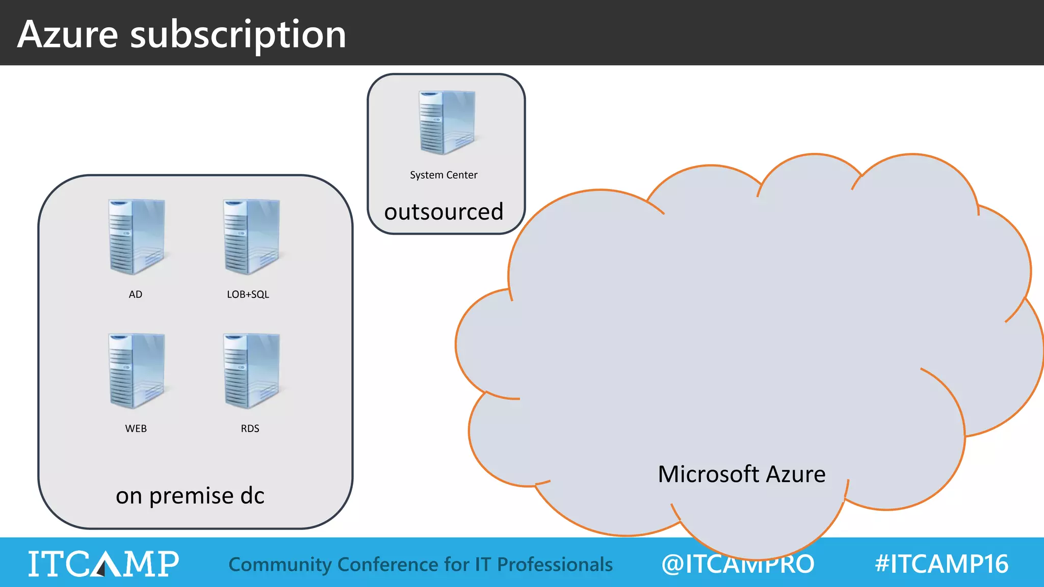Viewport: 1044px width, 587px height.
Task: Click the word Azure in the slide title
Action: pyautogui.click(x=68, y=34)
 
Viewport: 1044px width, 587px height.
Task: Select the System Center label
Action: pyautogui.click(x=443, y=175)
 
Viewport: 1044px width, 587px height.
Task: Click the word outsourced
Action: pyautogui.click(x=443, y=211)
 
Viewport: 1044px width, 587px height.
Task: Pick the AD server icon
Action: pyautogui.click(x=137, y=237)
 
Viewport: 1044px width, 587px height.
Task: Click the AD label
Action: pyautogui.click(x=136, y=295)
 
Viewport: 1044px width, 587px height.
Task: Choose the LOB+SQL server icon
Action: pyautogui.click(x=251, y=237)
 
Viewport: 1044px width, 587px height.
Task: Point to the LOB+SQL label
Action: pyautogui.click(x=248, y=295)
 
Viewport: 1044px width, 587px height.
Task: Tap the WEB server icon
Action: pyautogui.click(x=137, y=371)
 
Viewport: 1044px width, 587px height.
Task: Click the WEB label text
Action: pyautogui.click(x=136, y=429)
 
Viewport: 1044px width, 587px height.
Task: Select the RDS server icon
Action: pyautogui.click(x=251, y=371)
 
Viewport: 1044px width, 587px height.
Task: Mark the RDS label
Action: pyautogui.click(x=250, y=429)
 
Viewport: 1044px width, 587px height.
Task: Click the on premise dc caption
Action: pyautogui.click(x=190, y=496)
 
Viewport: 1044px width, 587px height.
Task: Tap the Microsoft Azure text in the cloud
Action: pyautogui.click(x=742, y=474)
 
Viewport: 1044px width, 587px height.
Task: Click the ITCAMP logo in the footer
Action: pyautogui.click(x=103, y=564)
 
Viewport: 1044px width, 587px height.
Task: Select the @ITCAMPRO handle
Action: pyautogui.click(x=738, y=564)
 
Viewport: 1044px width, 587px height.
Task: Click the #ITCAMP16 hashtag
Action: pyautogui.click(x=942, y=564)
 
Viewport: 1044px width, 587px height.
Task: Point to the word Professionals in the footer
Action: pyautogui.click(x=555, y=565)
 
